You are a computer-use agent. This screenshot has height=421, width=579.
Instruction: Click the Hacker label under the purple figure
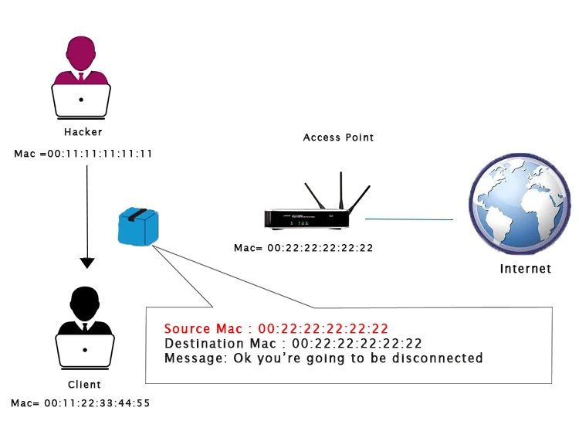[x=83, y=132]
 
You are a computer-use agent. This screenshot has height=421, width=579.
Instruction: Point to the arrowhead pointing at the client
[x=87, y=262]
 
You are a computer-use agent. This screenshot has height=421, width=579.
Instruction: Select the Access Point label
[x=338, y=138]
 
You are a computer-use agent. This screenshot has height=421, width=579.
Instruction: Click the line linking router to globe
[x=409, y=219]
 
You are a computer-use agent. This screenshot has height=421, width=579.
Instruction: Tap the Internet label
[x=526, y=269]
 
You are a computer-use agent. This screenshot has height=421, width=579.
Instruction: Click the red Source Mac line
[x=276, y=329]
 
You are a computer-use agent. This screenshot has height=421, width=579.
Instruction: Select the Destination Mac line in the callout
[x=293, y=344]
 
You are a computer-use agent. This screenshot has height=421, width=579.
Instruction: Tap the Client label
[x=84, y=384]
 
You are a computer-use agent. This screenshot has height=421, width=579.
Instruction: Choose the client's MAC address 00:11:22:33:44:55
[x=80, y=403]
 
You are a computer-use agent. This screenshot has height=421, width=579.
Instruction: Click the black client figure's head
[x=86, y=302]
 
